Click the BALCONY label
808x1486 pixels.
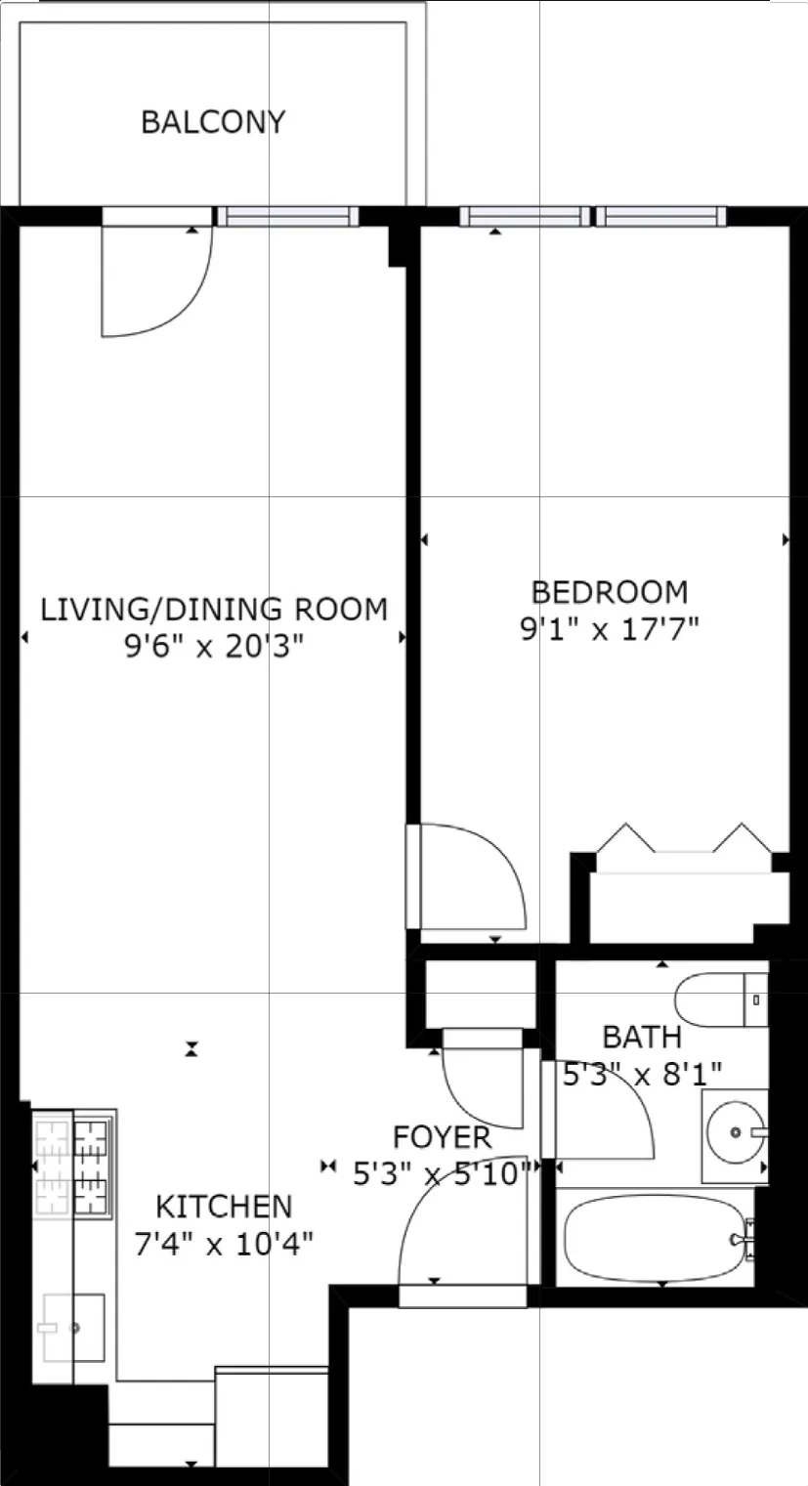213,122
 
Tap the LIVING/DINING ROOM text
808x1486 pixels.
213,609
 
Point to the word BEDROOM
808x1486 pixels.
609,592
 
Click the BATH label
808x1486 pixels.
641,1036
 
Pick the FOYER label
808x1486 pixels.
442,1137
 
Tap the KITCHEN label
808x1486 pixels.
224,1206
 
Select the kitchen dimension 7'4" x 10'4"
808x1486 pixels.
224,1243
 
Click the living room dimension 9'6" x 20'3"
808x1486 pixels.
213,646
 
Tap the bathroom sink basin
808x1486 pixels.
734,1133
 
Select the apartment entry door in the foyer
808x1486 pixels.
459,1241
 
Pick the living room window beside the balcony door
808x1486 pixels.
287,217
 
